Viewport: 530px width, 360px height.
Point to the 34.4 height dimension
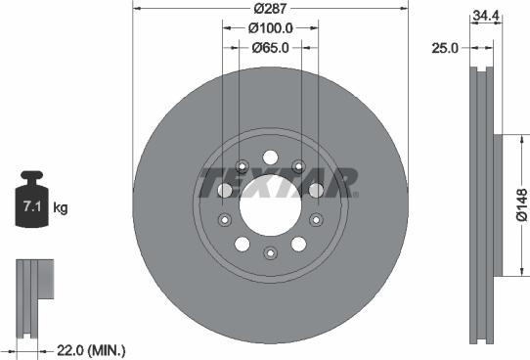(483, 15)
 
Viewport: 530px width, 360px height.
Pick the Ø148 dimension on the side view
(519, 207)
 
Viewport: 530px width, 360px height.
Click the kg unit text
(61, 208)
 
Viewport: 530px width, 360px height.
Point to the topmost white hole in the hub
(270, 155)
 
